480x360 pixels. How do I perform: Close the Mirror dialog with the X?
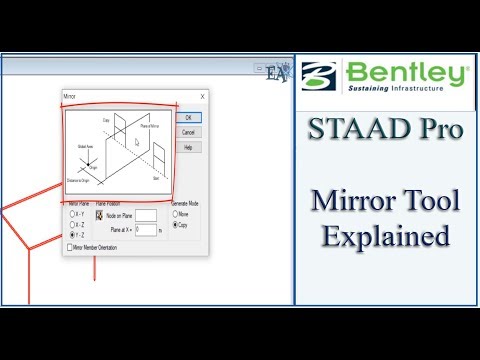pos(202,97)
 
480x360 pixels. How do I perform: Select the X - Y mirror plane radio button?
pos(72,213)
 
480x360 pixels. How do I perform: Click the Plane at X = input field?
pos(146,229)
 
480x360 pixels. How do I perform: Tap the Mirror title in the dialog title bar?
pos(72,97)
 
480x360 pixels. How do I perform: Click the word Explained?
pos(385,238)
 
